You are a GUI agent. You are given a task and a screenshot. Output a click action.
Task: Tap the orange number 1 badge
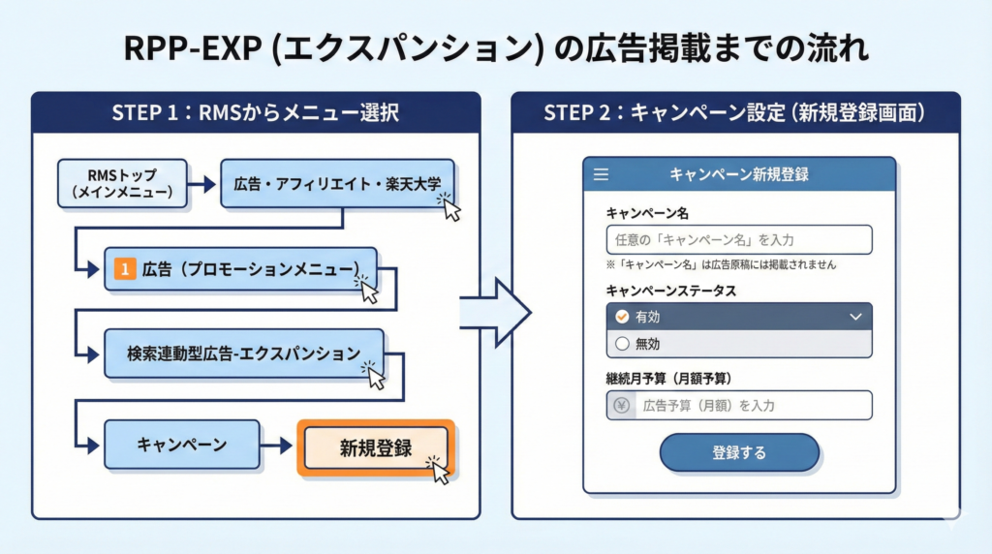click(x=123, y=269)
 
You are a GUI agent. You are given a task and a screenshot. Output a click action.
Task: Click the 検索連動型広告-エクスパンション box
click(x=243, y=353)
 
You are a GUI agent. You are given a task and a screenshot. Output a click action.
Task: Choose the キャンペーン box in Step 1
click(x=181, y=445)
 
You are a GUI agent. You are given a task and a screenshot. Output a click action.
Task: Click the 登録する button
click(x=739, y=452)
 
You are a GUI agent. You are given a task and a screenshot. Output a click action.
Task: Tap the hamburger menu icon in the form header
click(x=601, y=175)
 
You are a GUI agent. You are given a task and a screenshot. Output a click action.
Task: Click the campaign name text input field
click(x=739, y=239)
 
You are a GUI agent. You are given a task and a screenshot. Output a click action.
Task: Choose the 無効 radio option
click(x=623, y=343)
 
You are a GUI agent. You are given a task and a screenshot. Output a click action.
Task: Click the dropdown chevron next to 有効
click(x=854, y=317)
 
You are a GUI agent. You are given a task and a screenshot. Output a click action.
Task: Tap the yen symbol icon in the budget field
click(x=620, y=406)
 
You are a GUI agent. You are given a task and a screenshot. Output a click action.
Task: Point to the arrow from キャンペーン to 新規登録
click(x=278, y=446)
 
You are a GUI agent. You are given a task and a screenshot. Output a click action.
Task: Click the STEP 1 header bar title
click(x=256, y=112)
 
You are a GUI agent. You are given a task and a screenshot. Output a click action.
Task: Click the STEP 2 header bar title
click(x=735, y=112)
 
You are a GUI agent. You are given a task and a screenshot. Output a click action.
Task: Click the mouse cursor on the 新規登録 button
click(x=440, y=471)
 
